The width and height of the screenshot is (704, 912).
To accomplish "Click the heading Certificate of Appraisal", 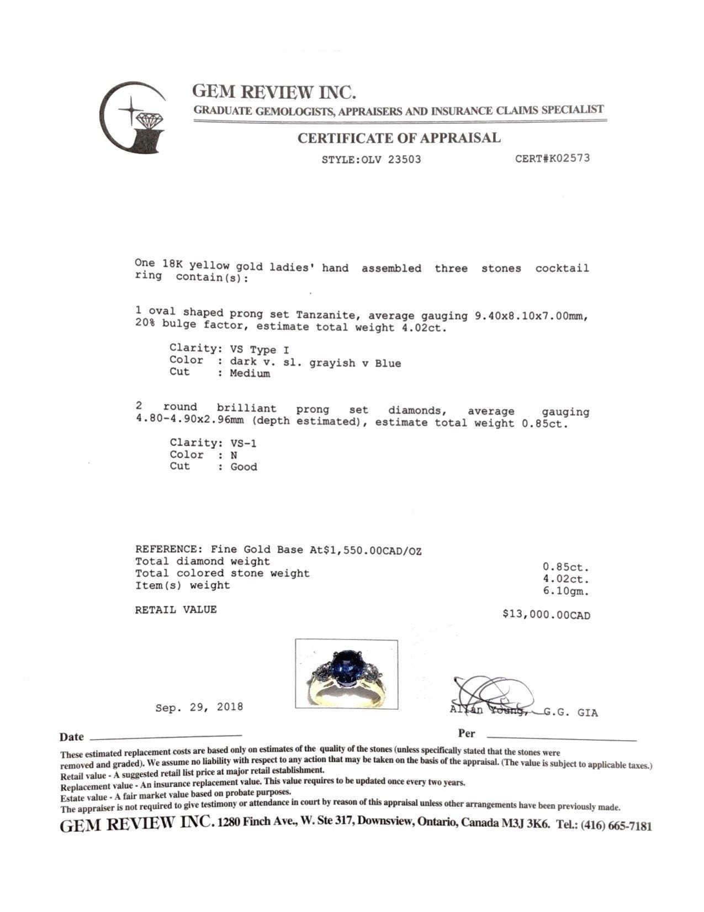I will coord(399,138).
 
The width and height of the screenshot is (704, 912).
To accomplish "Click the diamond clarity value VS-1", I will coord(244,443).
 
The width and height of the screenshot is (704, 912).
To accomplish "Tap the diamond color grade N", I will coord(234,455).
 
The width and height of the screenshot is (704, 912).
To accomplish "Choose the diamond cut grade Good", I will coord(244,467).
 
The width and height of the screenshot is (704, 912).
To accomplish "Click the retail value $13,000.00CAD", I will coord(546,615).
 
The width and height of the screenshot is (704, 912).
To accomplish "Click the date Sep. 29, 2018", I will coord(199,707).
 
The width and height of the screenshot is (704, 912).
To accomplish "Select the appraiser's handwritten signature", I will coord(491,694).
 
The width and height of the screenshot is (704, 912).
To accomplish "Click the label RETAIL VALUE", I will coord(176,610).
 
